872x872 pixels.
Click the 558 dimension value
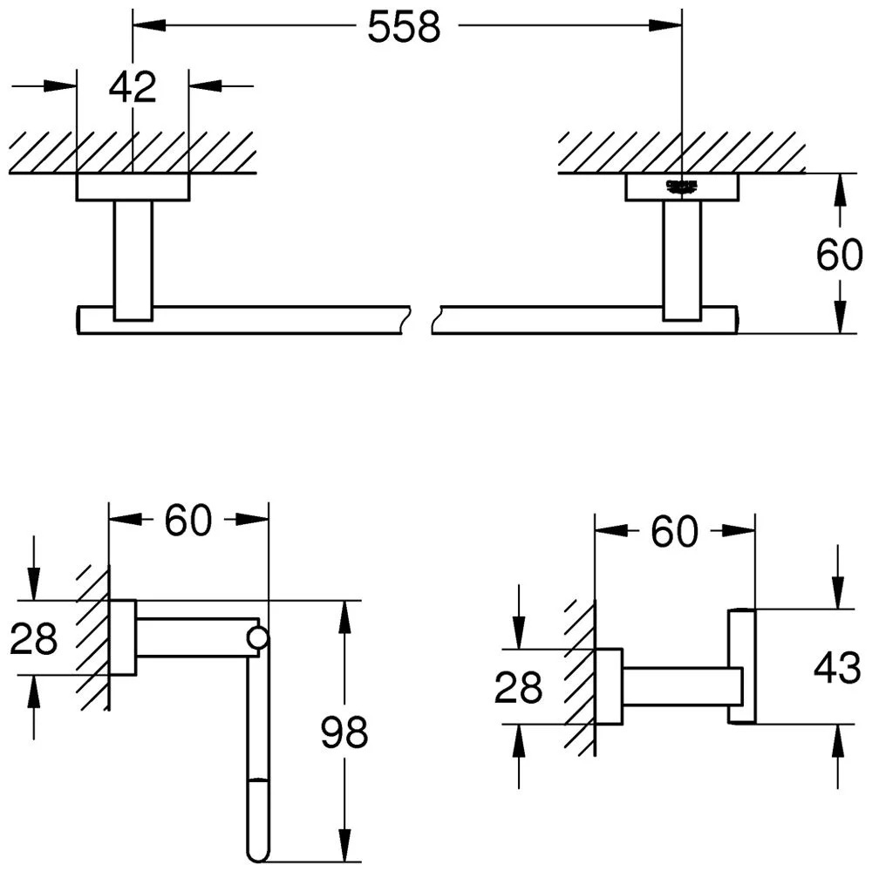(x=404, y=28)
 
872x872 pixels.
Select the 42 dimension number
(x=133, y=87)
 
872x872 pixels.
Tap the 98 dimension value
(x=344, y=732)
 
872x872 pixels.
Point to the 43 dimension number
(x=837, y=668)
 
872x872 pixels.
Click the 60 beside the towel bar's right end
(x=839, y=255)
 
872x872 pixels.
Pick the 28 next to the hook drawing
(x=518, y=689)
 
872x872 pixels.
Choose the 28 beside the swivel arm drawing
(x=34, y=639)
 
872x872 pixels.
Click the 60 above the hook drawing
(x=674, y=531)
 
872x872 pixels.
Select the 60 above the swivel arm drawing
(x=188, y=521)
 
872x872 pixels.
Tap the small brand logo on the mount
(x=682, y=185)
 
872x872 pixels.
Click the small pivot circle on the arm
(x=257, y=638)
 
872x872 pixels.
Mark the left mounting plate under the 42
(x=133, y=187)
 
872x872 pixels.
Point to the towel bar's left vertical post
(x=133, y=259)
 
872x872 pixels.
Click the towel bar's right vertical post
(x=682, y=259)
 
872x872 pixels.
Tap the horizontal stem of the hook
(x=676, y=685)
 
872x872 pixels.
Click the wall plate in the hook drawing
(x=609, y=686)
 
